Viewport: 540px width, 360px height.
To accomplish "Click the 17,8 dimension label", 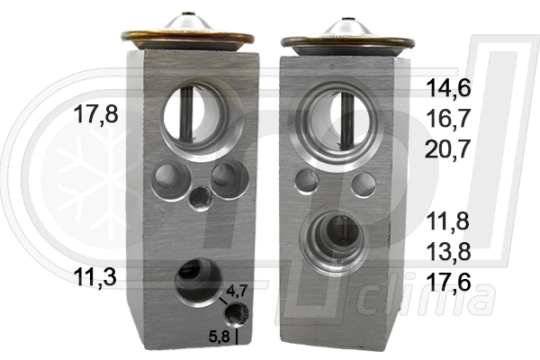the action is pos(95,114).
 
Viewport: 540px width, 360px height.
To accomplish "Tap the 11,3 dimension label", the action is pos(94,278).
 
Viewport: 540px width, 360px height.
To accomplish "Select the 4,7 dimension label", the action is pos(237,291).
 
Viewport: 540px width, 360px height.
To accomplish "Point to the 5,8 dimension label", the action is pos(219,337).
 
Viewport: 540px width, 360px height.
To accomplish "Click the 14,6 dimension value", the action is pos(448,88).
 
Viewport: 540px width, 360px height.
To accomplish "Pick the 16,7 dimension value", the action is pos(448,119).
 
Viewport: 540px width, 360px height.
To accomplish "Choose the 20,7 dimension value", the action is pos(448,149).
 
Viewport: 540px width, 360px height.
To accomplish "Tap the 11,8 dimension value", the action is pos(448,221).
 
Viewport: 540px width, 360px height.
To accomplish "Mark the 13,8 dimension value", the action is pos(448,251).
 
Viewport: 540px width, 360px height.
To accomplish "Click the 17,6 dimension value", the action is pos(448,282).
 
